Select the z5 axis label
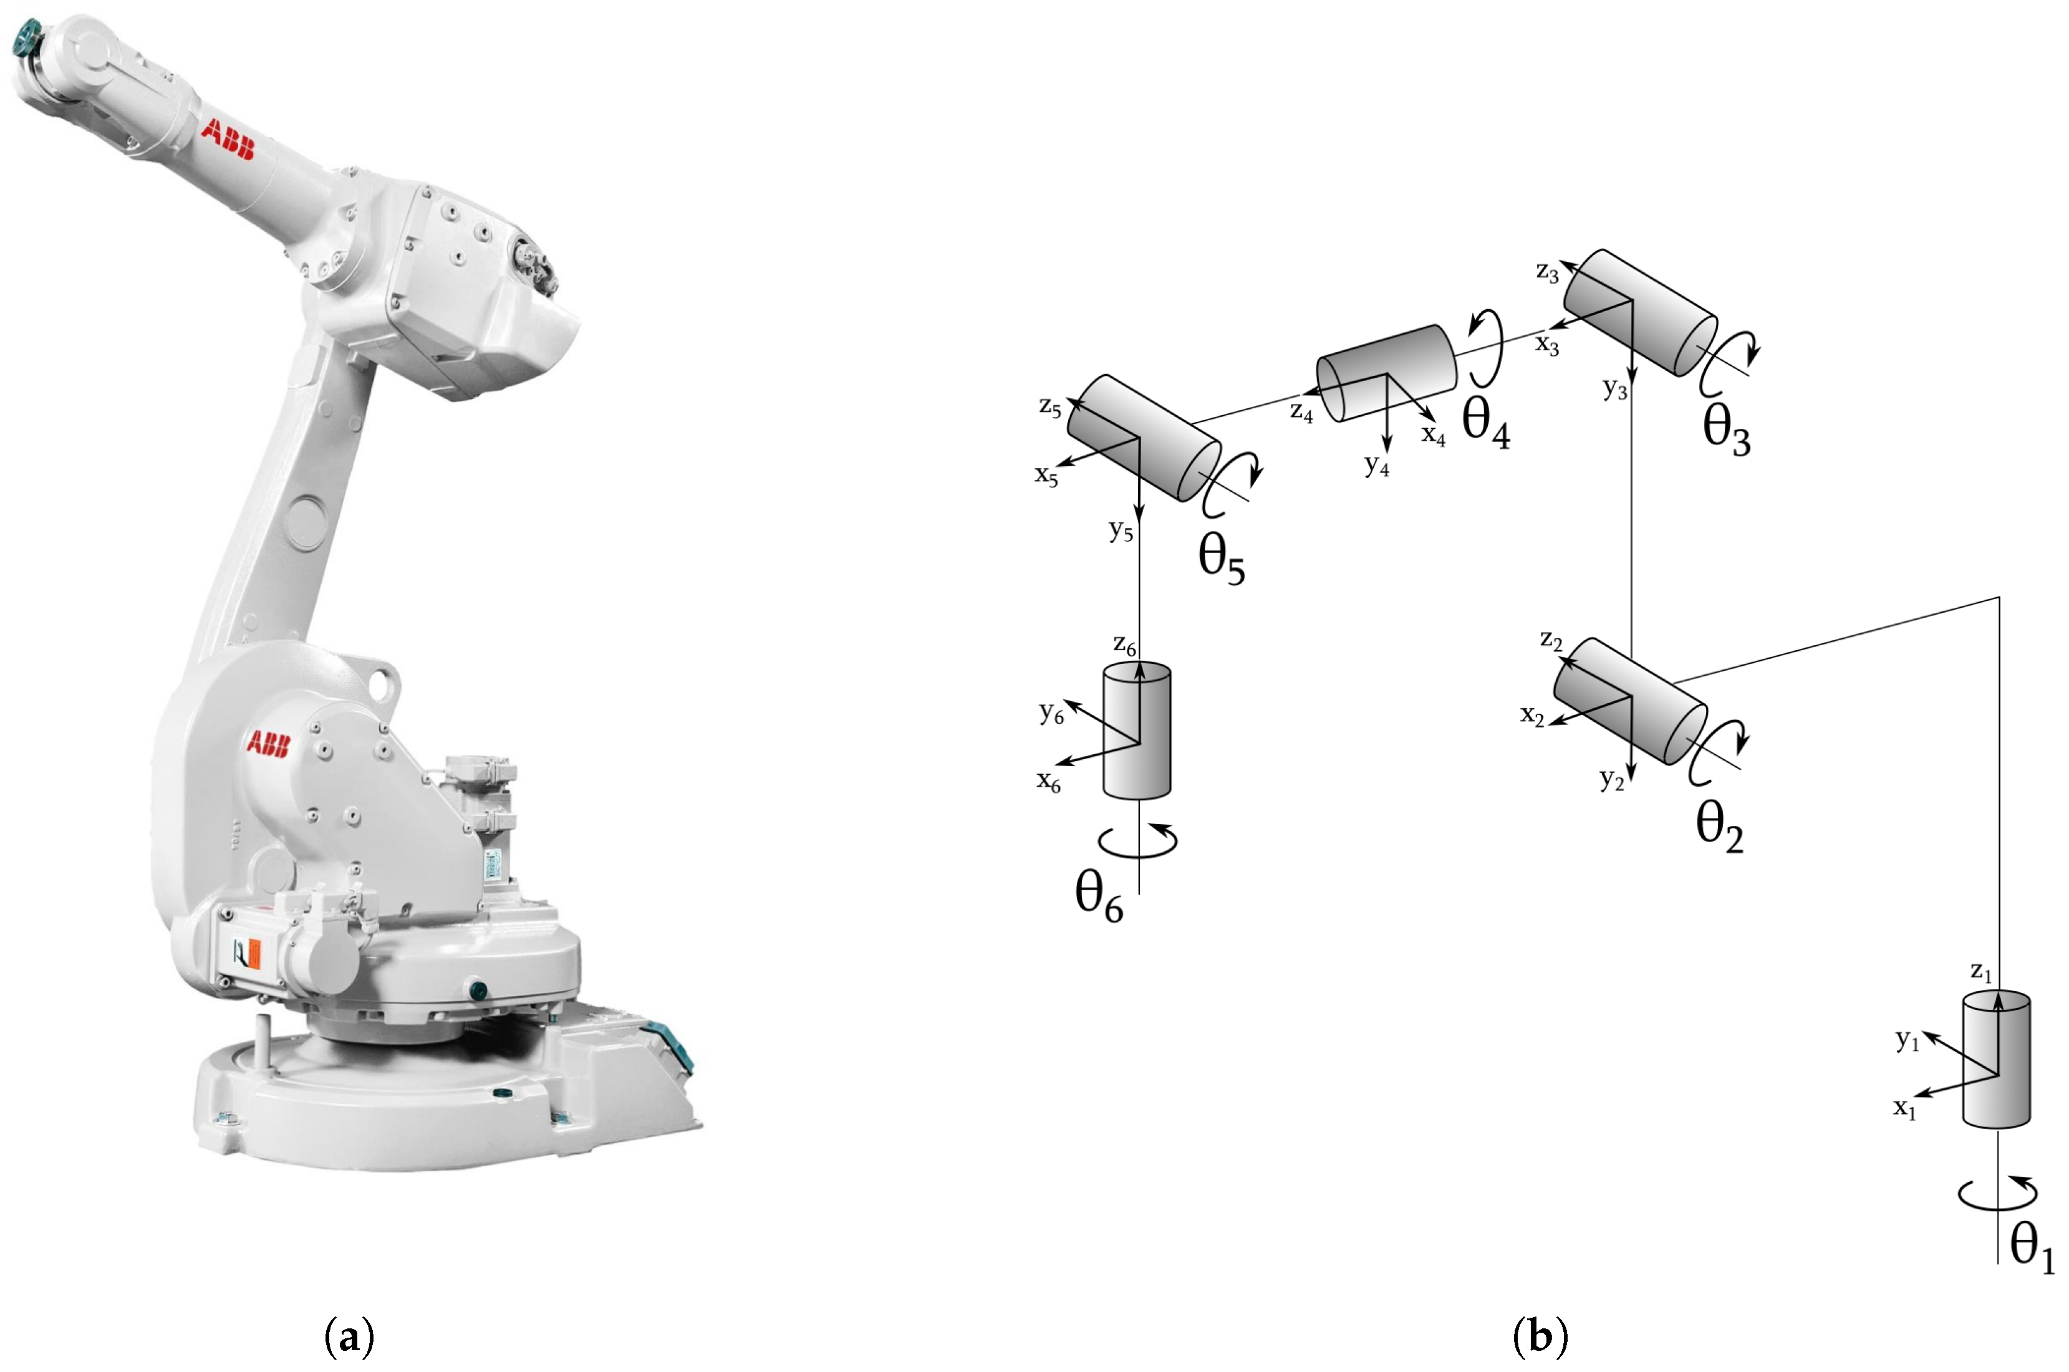pos(1050,407)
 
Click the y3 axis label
pos(1615,388)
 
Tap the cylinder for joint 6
pos(1136,731)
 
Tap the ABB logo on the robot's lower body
pos(267,744)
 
